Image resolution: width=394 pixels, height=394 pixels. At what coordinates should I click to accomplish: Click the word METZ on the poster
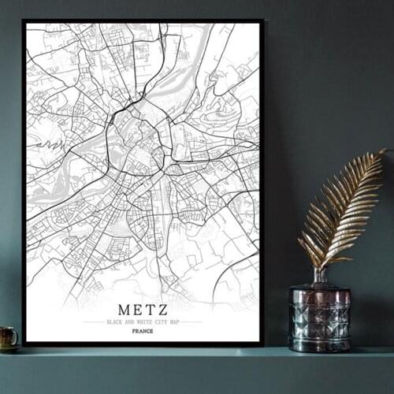142,310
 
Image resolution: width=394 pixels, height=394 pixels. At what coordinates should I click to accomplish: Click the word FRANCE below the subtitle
143,331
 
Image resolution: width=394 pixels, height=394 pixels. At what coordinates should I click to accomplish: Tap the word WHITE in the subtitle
139,322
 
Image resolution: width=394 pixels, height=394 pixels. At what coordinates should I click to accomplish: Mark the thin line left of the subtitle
94,322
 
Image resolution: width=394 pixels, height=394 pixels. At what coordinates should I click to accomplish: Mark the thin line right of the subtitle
191,322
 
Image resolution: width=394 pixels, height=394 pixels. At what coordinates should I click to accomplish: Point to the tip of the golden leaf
384,151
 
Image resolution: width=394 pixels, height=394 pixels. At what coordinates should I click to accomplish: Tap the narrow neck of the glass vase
319,275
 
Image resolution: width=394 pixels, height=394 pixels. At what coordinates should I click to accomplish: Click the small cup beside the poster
8,337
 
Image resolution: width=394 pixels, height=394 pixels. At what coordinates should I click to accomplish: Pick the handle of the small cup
16,337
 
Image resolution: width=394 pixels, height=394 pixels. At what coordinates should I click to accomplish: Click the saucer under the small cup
9,348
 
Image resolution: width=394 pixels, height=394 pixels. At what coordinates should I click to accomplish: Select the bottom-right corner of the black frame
262,344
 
